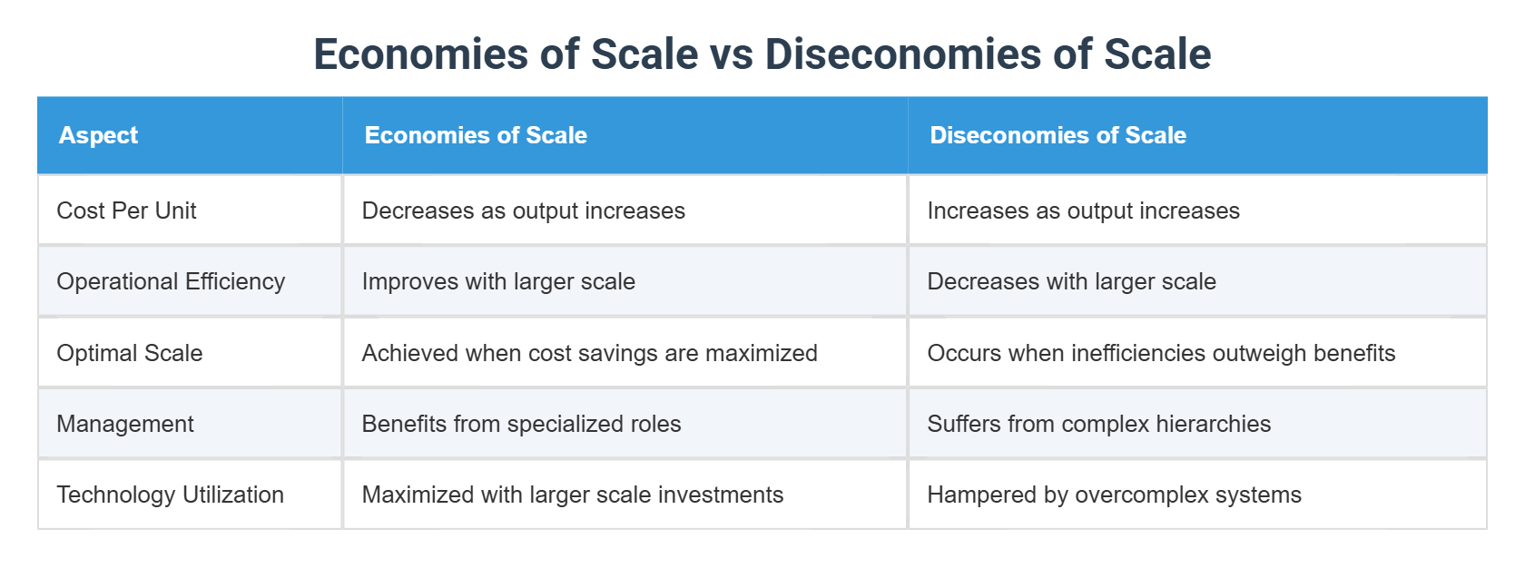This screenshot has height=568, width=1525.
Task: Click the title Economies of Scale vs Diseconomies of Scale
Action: (x=762, y=54)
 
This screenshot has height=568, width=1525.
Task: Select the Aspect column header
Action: (x=98, y=135)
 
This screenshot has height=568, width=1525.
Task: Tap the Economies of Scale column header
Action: (x=476, y=135)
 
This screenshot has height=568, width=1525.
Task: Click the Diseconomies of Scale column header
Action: (x=1058, y=135)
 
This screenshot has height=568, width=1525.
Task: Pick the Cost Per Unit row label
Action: (x=126, y=211)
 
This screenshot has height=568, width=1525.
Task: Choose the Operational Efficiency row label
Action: (x=171, y=281)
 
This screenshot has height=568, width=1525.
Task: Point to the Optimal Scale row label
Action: (x=130, y=353)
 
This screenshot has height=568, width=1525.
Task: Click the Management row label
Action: (x=125, y=424)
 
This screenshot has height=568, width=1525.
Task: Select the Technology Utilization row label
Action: (x=171, y=495)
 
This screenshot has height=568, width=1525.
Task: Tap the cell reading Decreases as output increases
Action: (x=524, y=211)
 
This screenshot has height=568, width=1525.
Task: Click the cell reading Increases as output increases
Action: (x=1083, y=211)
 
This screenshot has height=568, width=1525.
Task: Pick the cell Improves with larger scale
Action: (x=498, y=281)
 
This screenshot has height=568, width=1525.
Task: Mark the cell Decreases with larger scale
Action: (x=1071, y=281)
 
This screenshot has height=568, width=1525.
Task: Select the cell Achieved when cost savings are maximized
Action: (x=590, y=353)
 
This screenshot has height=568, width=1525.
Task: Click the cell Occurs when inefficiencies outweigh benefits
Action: (x=1161, y=353)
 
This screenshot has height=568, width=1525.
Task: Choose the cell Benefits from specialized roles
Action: (x=521, y=424)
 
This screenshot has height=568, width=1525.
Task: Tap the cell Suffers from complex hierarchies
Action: (x=1098, y=424)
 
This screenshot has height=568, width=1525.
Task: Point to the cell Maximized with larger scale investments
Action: (x=573, y=495)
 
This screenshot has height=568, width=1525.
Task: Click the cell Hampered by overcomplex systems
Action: (x=1114, y=495)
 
